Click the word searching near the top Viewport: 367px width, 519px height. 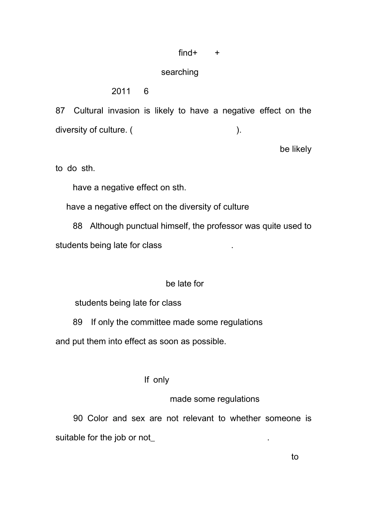(x=180, y=72)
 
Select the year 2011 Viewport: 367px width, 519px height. (x=121, y=92)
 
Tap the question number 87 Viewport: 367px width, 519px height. (x=60, y=111)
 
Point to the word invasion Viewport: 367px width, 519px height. (x=124, y=111)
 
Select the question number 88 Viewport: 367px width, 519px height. (x=78, y=226)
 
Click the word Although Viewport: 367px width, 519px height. (x=107, y=226)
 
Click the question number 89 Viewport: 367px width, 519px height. (x=78, y=322)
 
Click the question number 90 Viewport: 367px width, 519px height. (x=78, y=419)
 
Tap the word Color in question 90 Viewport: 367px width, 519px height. (x=98, y=419)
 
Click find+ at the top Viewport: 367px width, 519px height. (x=188, y=53)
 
